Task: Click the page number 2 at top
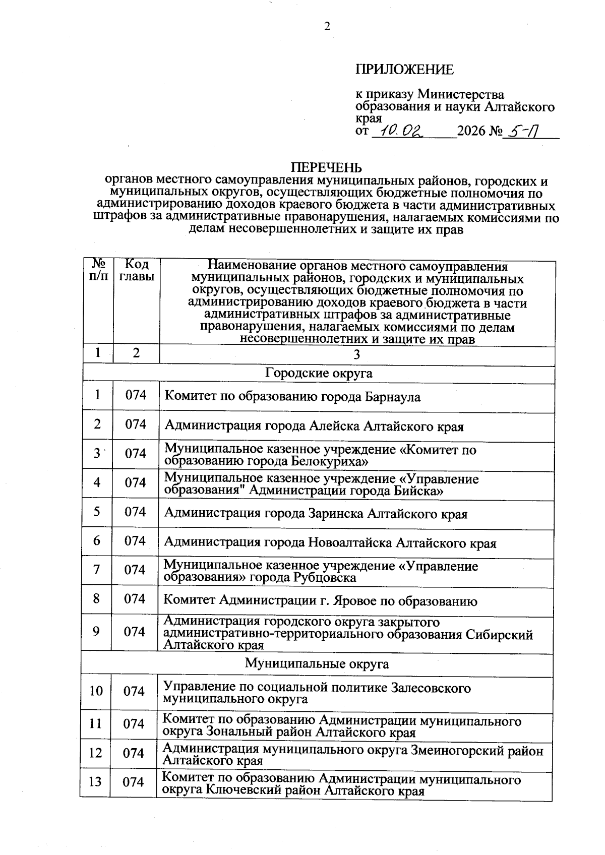click(327, 27)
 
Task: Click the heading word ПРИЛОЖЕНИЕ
click(405, 70)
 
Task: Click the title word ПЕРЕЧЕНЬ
click(327, 167)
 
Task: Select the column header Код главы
click(136, 270)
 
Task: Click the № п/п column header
click(97, 270)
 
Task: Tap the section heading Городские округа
click(319, 373)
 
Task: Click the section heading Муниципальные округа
click(317, 663)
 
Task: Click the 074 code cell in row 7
click(135, 570)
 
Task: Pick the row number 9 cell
click(96, 632)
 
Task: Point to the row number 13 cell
click(95, 782)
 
